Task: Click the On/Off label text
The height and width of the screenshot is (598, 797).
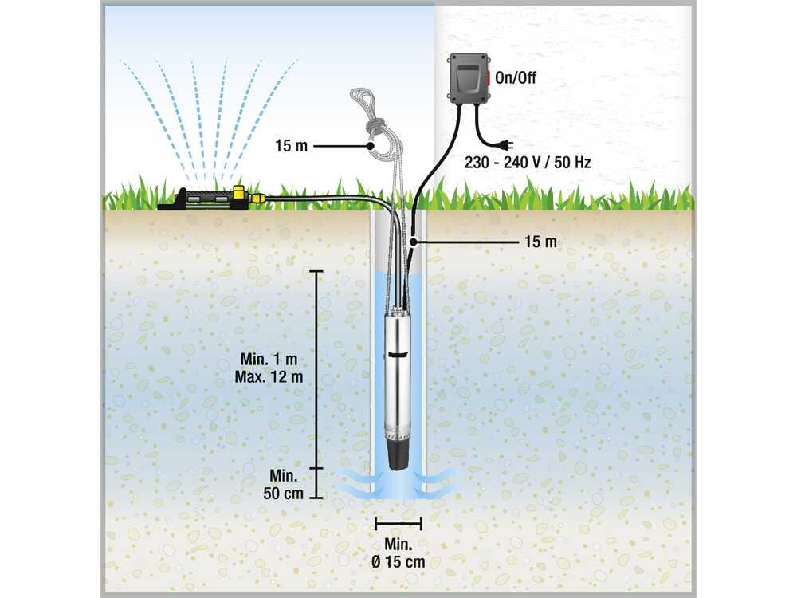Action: pyautogui.click(x=515, y=78)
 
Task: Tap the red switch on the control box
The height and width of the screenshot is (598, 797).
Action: pyautogui.click(x=489, y=78)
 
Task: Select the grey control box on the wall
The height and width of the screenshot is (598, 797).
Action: pyautogui.click(x=468, y=78)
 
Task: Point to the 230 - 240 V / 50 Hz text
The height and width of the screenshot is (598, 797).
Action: pyautogui.click(x=528, y=163)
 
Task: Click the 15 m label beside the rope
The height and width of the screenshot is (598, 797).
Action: pyautogui.click(x=291, y=146)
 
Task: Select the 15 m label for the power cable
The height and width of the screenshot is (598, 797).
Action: pyautogui.click(x=540, y=242)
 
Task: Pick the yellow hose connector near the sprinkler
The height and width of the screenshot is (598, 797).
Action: pyautogui.click(x=257, y=197)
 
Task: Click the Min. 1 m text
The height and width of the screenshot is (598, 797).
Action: pyautogui.click(x=269, y=359)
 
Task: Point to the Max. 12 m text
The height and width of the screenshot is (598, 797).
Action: pyautogui.click(x=269, y=377)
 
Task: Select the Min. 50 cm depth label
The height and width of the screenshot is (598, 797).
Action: pyautogui.click(x=283, y=484)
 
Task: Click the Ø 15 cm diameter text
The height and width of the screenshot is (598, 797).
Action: pyautogui.click(x=398, y=562)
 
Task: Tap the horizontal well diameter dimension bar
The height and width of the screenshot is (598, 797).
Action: pyautogui.click(x=398, y=523)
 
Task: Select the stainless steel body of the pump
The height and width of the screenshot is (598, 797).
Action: pyautogui.click(x=398, y=376)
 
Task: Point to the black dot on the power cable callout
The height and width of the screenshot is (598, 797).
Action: pyautogui.click(x=414, y=242)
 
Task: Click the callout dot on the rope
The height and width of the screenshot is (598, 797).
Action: pyautogui.click(x=371, y=146)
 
